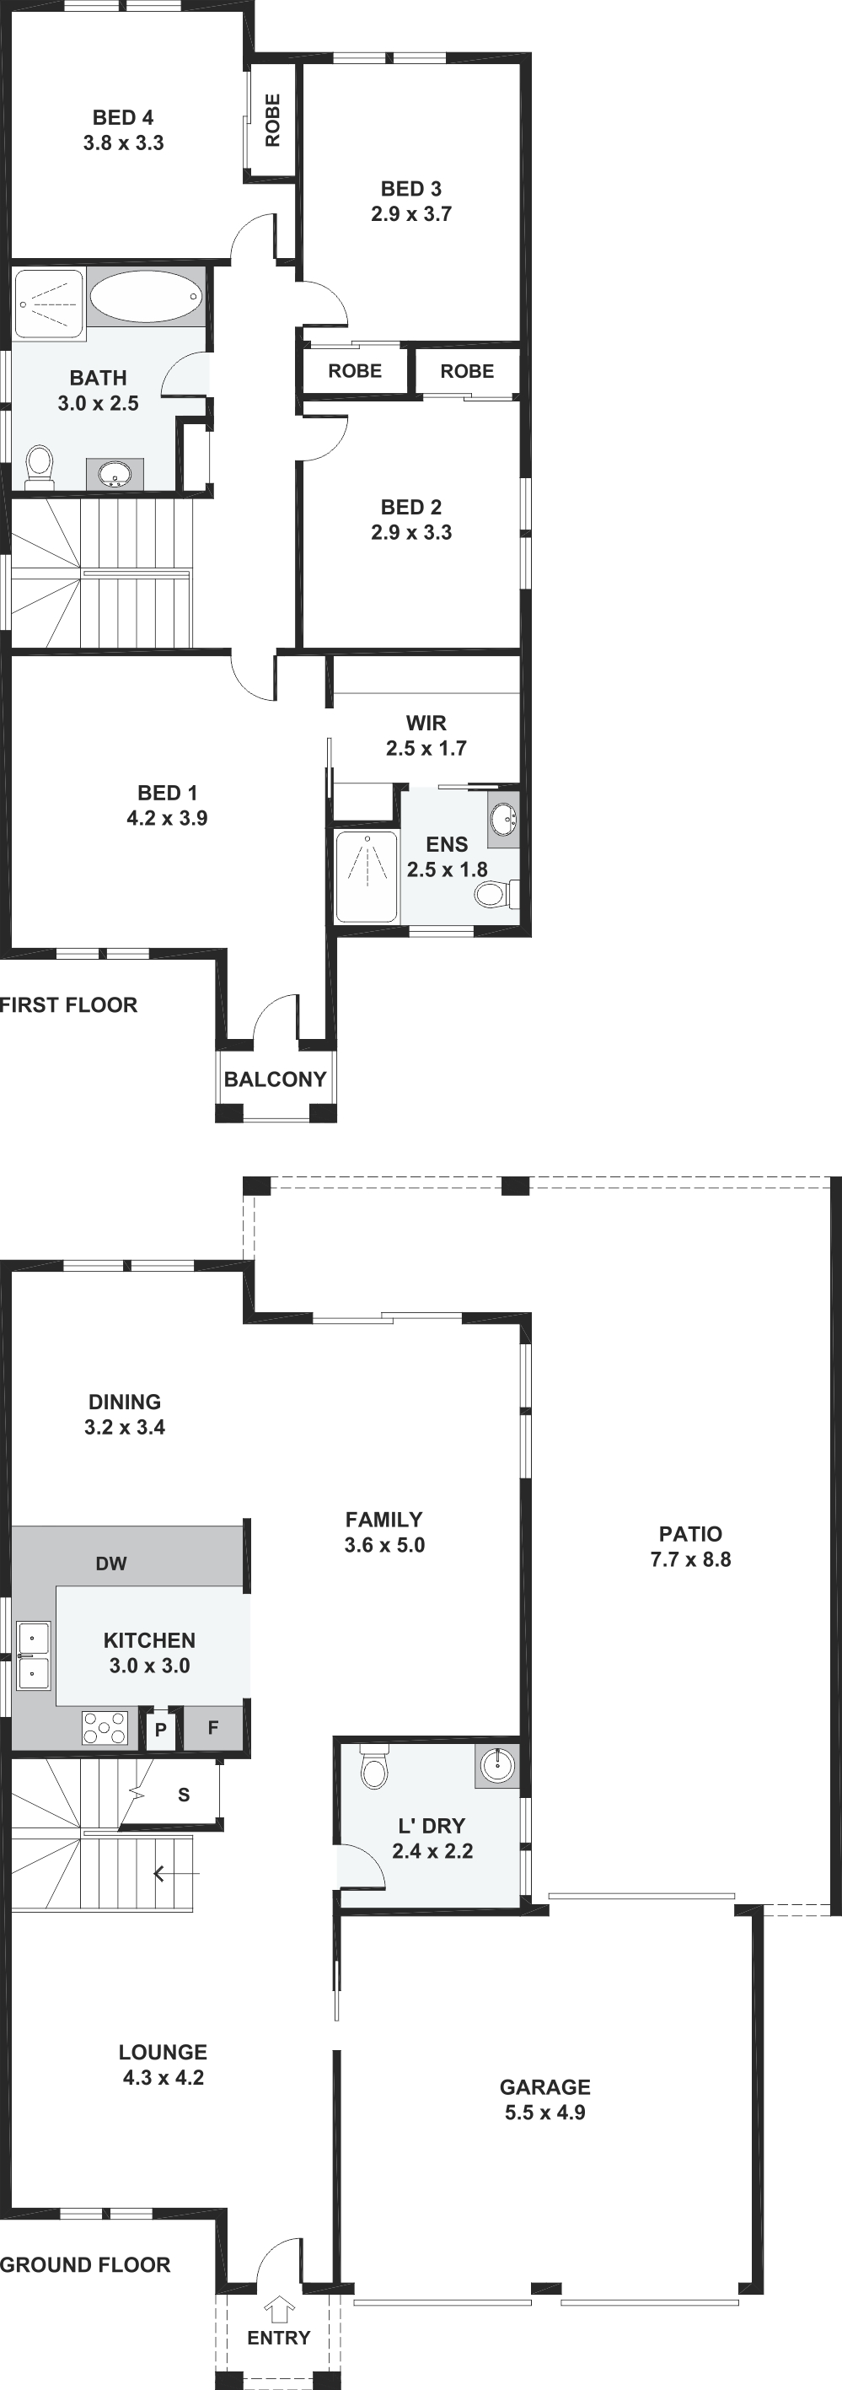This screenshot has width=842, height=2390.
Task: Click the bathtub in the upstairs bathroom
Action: point(146,297)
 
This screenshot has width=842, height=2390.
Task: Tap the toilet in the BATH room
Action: point(40,466)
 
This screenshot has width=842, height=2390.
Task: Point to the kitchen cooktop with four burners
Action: point(105,1729)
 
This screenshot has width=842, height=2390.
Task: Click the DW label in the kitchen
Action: point(111,1564)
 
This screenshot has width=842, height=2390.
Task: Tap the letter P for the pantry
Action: point(160,1730)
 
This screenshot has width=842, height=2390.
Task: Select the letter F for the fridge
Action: point(212,1727)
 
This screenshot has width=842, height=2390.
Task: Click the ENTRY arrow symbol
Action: point(279,2309)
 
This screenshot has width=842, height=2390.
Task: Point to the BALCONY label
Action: point(276,1079)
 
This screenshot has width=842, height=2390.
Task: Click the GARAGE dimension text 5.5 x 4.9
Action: point(545,2112)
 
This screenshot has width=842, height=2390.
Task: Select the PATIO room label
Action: point(691,1534)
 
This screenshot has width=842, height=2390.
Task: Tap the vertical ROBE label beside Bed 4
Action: point(272,120)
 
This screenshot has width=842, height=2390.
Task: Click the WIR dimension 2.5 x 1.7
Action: point(426,748)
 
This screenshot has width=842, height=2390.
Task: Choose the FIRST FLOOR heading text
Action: point(68,1004)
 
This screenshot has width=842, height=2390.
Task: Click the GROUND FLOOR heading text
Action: point(85,2264)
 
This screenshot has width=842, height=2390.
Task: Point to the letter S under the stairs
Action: point(184,1795)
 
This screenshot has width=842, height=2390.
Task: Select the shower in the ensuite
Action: point(367,877)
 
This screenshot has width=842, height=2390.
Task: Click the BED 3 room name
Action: point(410,188)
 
